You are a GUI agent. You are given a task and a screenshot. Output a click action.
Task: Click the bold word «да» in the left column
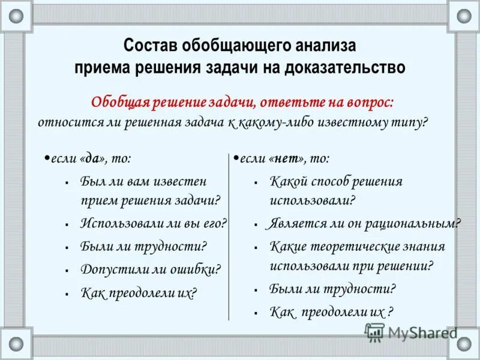point(92,158)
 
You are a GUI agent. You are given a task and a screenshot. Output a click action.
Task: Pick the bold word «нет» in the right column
point(289,158)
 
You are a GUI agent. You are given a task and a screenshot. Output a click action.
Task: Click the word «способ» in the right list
point(340,181)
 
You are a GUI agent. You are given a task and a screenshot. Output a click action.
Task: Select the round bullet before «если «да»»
point(46,157)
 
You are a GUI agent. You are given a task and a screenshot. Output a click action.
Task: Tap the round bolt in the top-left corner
point(16,16)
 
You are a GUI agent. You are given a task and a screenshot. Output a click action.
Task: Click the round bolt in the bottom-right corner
point(464,344)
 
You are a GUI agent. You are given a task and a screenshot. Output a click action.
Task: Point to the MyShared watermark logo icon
point(374,332)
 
